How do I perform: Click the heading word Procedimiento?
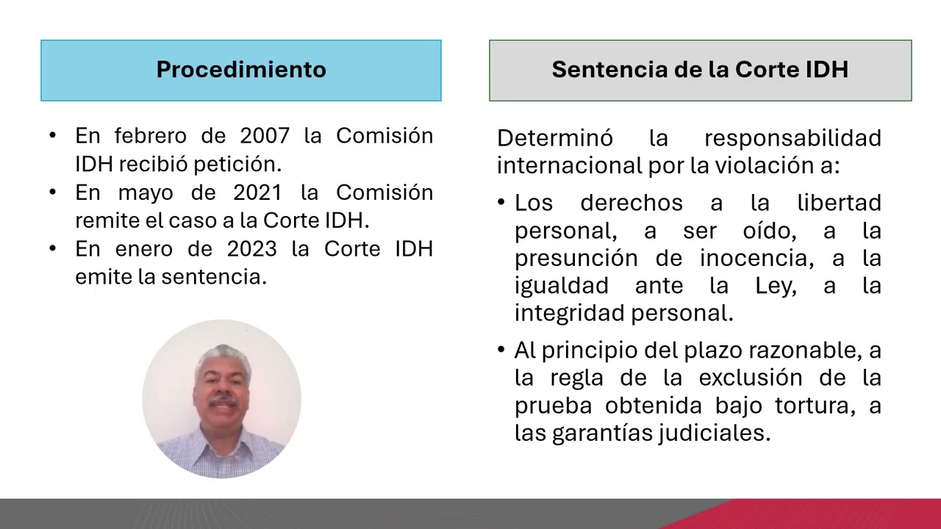[241, 70]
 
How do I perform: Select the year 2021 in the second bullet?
[257, 192]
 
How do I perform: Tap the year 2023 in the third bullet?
[251, 249]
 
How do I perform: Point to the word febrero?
[151, 136]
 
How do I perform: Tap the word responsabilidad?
[792, 138]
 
